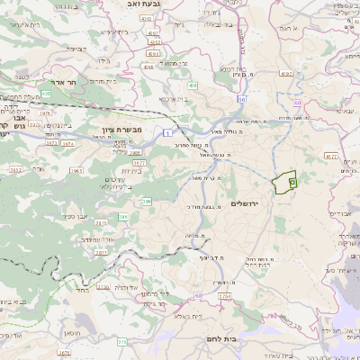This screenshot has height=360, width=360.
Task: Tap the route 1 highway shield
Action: tap(167, 133)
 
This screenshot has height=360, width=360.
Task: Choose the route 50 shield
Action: tap(241, 100)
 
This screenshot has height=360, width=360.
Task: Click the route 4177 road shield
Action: tap(330, 156)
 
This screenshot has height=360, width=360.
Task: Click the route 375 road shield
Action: tap(122, 341)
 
